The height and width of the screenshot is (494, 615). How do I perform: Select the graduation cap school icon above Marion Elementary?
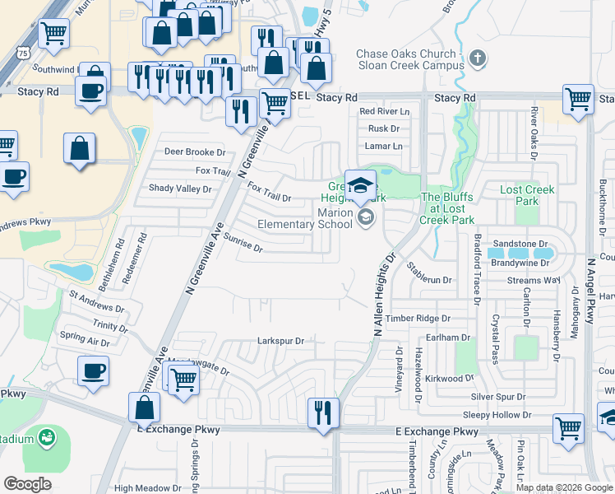tap(360, 186)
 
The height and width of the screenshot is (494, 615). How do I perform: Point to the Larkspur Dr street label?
tap(280, 341)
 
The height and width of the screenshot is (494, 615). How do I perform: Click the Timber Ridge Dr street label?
tap(418, 318)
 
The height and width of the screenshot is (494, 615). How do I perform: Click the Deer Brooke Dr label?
tap(195, 152)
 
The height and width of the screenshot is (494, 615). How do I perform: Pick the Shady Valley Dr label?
tap(180, 189)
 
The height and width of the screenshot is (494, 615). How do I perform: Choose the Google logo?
tap(28, 483)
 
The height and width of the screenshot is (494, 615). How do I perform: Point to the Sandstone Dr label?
tap(520, 245)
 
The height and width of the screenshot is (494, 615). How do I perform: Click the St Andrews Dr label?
tap(96, 301)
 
